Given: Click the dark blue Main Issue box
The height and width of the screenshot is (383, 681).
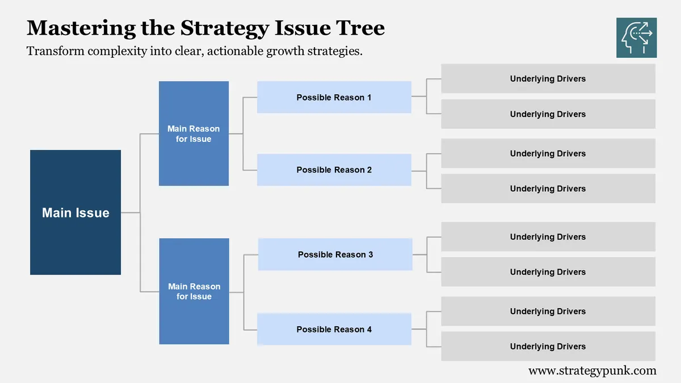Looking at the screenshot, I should tap(75, 212).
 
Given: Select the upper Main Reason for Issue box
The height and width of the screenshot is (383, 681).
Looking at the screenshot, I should tap(194, 133).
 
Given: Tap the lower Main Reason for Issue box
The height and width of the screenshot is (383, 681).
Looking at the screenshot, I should tap(194, 291).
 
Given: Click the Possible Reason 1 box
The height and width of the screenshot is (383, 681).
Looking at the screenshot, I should tap(334, 97).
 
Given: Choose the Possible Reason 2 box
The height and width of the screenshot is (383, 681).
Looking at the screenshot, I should tap(334, 170).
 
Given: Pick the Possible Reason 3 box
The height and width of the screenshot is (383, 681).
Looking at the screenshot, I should tap(335, 254).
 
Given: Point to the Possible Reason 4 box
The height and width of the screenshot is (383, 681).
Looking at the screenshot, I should tap(334, 329).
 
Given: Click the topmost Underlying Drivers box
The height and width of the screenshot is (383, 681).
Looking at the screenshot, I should tap(548, 78).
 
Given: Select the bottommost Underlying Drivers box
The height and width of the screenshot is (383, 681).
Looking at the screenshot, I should tap(548, 346).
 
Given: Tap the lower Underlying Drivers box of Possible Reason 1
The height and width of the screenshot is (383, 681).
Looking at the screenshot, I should tap(548, 114).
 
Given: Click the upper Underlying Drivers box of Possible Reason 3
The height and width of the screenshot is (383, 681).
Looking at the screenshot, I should tap(548, 237).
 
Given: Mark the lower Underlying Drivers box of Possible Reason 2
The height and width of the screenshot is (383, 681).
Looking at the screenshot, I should tap(548, 188).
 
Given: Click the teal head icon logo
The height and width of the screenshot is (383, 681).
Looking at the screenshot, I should tap(636, 37).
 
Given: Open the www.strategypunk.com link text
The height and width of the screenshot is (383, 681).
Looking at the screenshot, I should tap(592, 371).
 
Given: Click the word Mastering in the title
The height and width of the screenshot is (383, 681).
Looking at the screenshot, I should tap(82, 28).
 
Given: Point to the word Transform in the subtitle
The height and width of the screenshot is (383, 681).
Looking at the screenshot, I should tap(55, 51).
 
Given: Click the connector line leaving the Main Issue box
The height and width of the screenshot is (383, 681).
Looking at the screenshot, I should tap(130, 212).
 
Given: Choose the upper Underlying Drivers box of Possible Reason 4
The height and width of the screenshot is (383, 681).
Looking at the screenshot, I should tap(548, 311).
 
